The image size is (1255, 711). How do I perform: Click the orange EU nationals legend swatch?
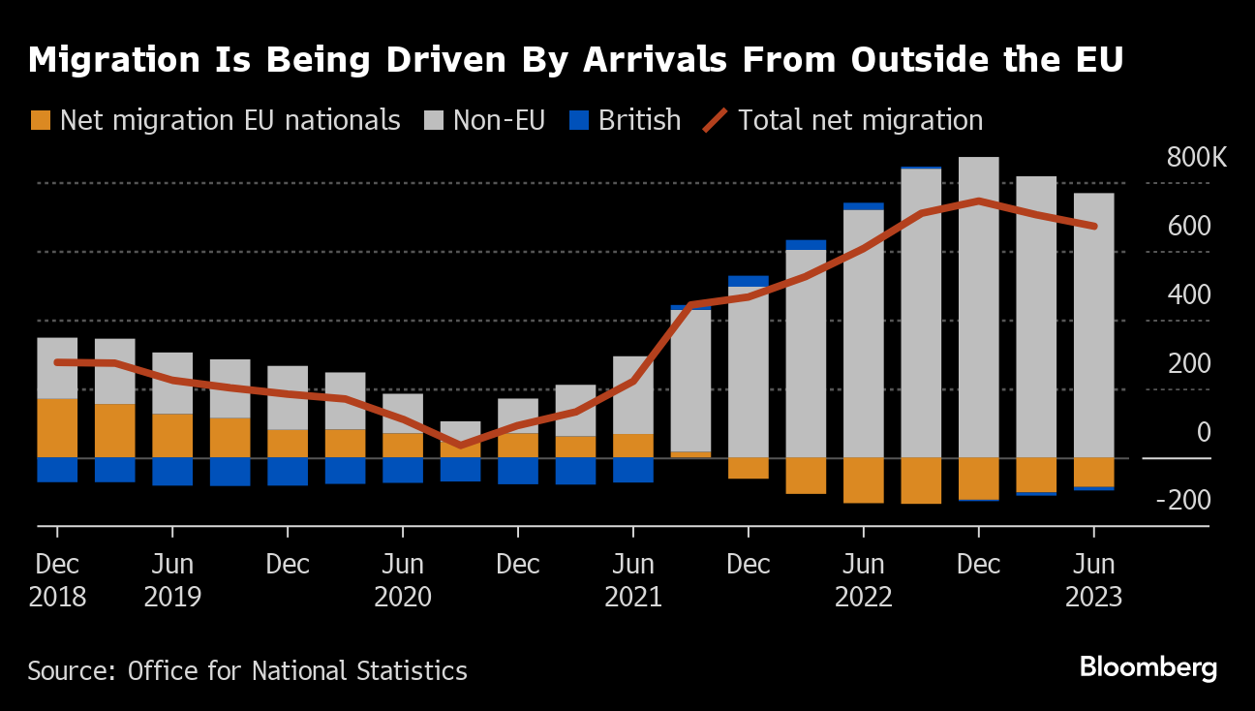coord(40,120)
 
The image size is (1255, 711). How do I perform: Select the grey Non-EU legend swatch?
coord(433,120)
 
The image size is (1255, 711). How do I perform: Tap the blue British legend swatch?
coord(578,120)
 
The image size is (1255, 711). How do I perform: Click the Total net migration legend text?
coord(860,120)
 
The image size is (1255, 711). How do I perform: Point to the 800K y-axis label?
coord(1196,158)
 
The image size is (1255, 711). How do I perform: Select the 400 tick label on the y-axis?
coord(1189,294)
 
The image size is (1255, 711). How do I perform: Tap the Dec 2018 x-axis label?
coord(57,580)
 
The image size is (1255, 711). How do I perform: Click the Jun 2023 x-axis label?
coord(1093,580)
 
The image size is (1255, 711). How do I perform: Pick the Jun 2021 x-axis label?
coord(633,580)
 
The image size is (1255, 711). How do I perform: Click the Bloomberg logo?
coord(1148,667)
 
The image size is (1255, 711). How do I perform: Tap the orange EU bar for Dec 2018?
coord(57,427)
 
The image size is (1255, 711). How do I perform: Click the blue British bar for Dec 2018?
coord(57,470)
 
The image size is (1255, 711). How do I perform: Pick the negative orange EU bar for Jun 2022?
coord(864,480)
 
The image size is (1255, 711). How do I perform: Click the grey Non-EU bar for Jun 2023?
coord(1093,325)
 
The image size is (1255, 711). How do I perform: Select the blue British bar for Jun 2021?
coord(633,470)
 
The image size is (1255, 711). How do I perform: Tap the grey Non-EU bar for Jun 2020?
coord(403,413)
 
